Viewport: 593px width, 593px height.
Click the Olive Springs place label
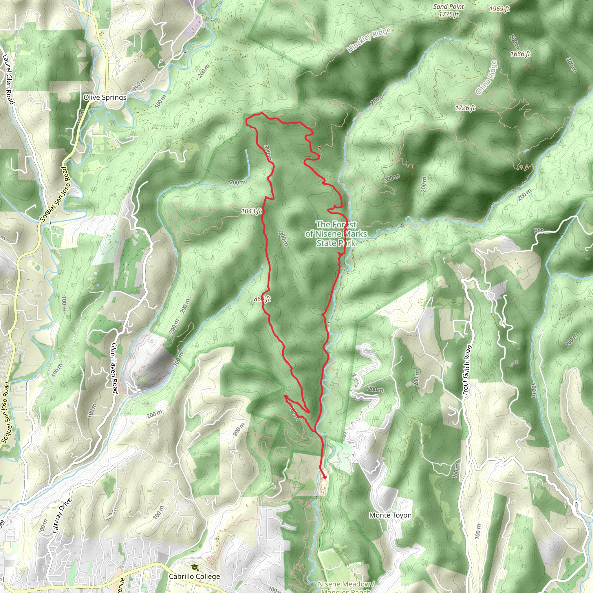[105, 98]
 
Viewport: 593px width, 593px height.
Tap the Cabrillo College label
[194, 576]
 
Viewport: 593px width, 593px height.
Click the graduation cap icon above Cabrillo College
[194, 568]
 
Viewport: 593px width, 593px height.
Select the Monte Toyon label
[390, 515]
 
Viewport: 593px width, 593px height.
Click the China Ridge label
[486, 78]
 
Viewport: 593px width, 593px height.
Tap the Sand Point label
[449, 7]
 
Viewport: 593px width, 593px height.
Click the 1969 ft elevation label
[499, 9]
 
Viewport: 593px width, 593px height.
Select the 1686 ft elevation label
[520, 54]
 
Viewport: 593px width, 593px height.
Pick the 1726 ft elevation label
[465, 108]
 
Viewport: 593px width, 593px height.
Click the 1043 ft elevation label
[251, 211]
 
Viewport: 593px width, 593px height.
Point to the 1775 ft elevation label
[449, 14]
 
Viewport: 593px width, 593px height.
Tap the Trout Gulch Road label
[466, 370]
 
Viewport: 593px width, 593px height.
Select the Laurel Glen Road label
[8, 79]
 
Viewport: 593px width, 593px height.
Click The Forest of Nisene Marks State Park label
[336, 234]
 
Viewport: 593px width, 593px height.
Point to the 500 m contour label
[515, 42]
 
